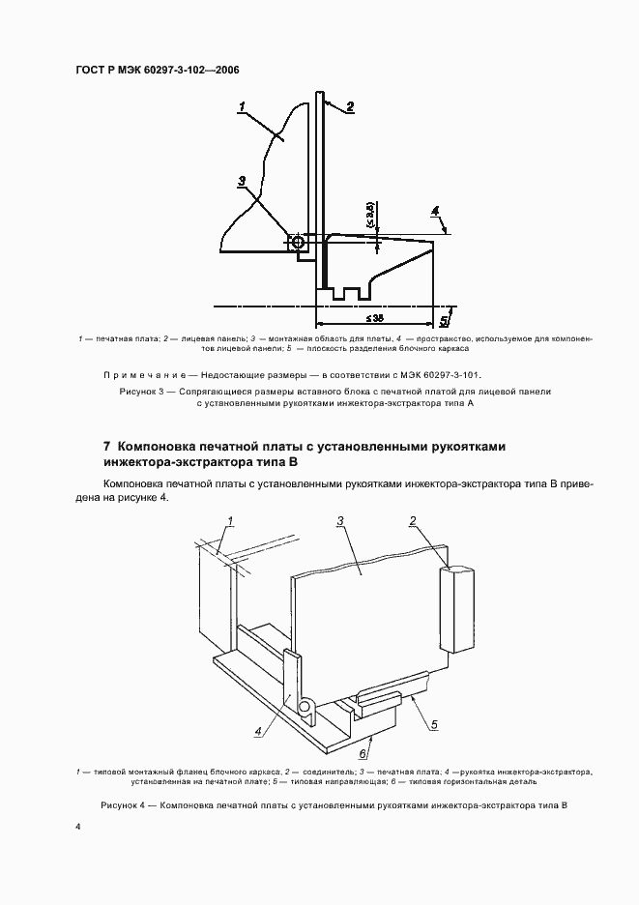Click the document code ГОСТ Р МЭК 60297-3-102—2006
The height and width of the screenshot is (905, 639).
[x=157, y=71]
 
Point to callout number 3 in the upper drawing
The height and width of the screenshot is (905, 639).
[x=242, y=181]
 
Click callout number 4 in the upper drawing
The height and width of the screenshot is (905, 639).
[x=435, y=211]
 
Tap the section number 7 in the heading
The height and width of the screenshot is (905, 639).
[x=106, y=447]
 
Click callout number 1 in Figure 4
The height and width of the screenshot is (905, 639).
[x=230, y=522]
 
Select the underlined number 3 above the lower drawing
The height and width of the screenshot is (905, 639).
[x=341, y=522]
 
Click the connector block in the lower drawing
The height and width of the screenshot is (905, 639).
[x=459, y=609]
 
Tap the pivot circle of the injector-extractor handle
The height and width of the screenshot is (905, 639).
[x=305, y=709]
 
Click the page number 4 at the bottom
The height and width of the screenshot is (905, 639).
[x=78, y=828]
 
